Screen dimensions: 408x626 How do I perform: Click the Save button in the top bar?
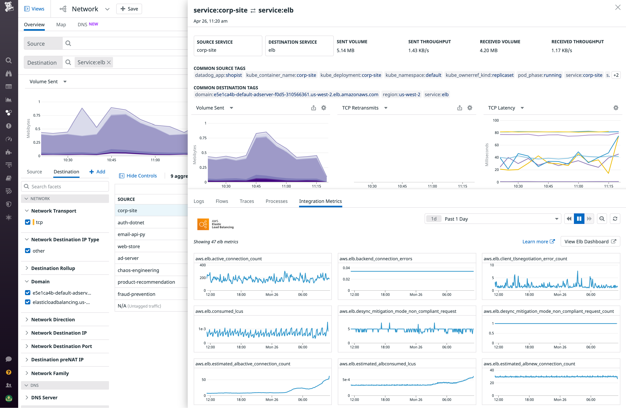coord(129,9)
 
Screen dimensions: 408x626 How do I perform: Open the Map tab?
coord(61,24)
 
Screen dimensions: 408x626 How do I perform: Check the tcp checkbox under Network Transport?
coord(28,222)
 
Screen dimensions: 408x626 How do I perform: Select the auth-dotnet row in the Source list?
coord(131,222)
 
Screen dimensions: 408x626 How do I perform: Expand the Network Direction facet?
coord(53,319)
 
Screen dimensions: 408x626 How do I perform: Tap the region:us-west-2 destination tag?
coord(401,95)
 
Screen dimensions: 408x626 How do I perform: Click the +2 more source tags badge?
coord(616,75)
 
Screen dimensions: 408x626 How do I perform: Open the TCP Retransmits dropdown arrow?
coord(386,108)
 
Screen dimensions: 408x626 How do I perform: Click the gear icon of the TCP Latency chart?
coord(616,108)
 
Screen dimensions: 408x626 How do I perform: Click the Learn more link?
coord(538,241)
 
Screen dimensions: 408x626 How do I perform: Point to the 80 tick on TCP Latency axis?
coord(496,133)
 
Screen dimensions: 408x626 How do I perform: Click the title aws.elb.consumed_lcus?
coord(219,311)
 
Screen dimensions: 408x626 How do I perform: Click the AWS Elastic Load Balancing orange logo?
coord(203,224)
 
